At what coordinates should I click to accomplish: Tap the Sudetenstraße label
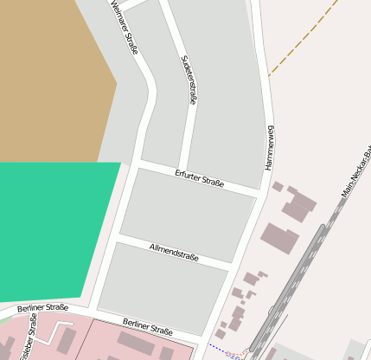click(x=187, y=79)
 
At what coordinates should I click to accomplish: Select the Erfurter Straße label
click(x=199, y=178)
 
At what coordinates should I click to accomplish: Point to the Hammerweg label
click(x=270, y=146)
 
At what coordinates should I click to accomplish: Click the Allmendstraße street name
click(x=174, y=253)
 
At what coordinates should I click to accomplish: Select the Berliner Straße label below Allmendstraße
click(x=147, y=326)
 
